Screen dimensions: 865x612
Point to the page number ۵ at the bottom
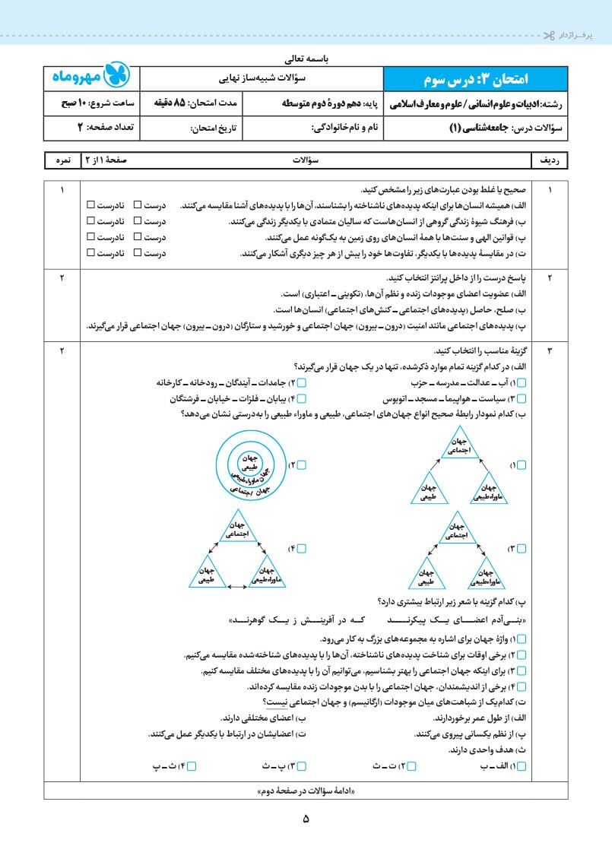tap(306, 819)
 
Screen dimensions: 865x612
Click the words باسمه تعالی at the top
tap(306, 59)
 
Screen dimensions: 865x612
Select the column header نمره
tap(63, 161)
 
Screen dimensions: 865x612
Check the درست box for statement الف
tap(138, 205)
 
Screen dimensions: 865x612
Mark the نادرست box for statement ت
tap(90, 253)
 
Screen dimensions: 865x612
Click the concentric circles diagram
tap(250, 463)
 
